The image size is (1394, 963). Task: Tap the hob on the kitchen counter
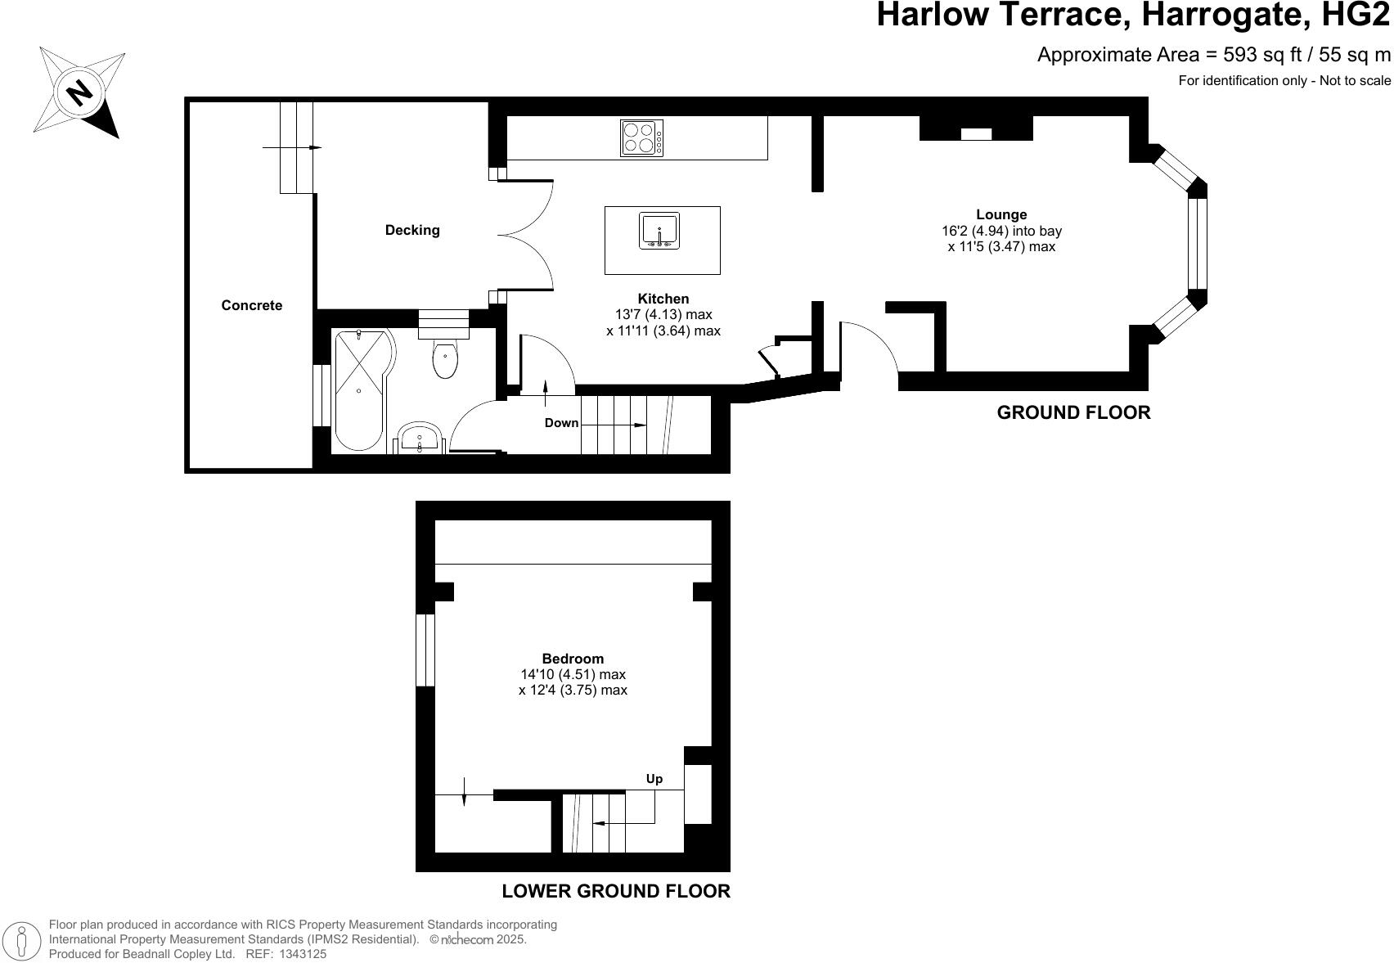641,137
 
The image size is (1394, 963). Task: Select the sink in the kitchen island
659,231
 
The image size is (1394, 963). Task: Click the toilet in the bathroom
445,360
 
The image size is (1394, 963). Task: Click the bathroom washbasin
420,439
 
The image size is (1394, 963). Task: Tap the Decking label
412,230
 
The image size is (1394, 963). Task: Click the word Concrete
251,305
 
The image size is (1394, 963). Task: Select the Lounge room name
1001,214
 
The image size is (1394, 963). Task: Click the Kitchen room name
663,299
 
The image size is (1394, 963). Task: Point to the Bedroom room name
573,659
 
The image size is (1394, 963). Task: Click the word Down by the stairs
561,423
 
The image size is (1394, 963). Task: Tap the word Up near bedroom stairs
654,779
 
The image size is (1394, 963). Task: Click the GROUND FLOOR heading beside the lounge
1073,412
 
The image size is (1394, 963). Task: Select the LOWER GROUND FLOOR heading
615,891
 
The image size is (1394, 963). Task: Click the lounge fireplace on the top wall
976,131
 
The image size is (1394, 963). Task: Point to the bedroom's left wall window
425,650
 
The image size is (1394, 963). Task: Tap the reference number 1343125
303,954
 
